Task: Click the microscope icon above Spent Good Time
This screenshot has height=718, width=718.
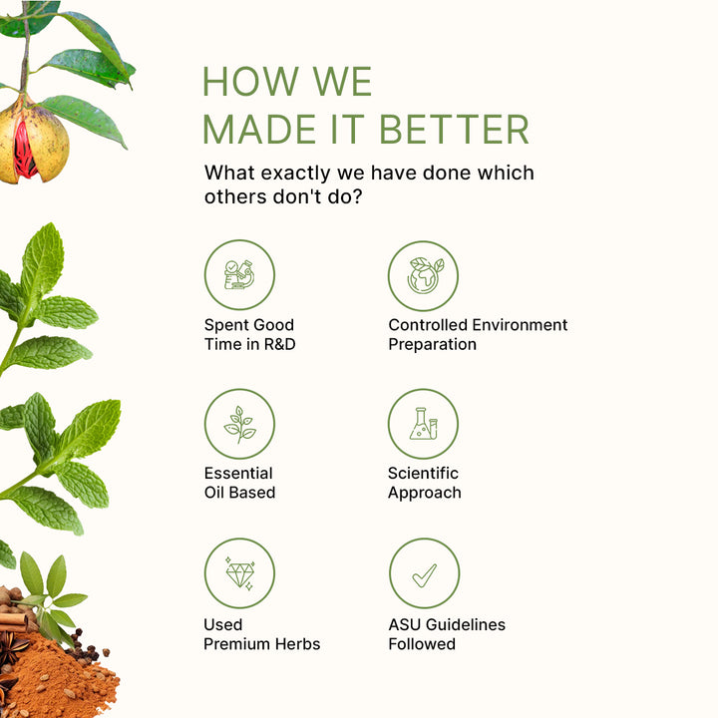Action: click(x=239, y=275)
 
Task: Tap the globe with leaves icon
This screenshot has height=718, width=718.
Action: click(x=425, y=275)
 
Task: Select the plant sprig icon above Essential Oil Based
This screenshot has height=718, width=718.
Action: click(x=239, y=425)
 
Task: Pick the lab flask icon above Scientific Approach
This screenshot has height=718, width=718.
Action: click(x=424, y=424)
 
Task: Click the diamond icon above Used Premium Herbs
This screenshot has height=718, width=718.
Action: click(x=240, y=573)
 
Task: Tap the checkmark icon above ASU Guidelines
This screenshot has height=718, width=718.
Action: click(x=425, y=575)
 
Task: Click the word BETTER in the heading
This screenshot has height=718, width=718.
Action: click(x=455, y=130)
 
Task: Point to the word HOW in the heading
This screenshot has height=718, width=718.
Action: click(x=250, y=82)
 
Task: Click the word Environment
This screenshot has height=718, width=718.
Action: click(x=520, y=325)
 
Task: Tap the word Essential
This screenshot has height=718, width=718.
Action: click(x=238, y=473)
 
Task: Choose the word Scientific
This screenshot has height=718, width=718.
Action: click(x=423, y=473)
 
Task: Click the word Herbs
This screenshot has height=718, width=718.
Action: click(x=297, y=644)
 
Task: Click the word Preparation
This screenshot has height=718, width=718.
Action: click(x=432, y=345)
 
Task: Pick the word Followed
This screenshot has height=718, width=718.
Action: click(x=422, y=644)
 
